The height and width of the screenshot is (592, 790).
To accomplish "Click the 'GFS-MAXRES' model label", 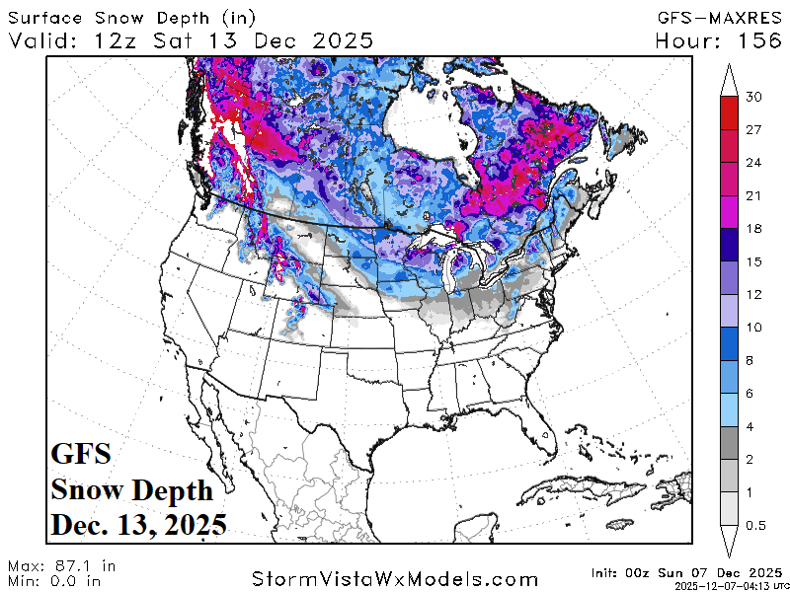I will coord(718,17).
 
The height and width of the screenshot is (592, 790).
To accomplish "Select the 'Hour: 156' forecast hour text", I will coord(718,40).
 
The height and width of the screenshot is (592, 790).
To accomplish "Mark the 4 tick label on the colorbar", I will coord(755,426).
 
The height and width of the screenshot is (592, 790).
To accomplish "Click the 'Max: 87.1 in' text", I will coord(61,566).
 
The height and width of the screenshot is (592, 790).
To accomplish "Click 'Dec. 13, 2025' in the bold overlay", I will coord(138,522).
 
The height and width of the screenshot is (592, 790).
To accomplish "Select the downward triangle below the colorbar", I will coord(730,541).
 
